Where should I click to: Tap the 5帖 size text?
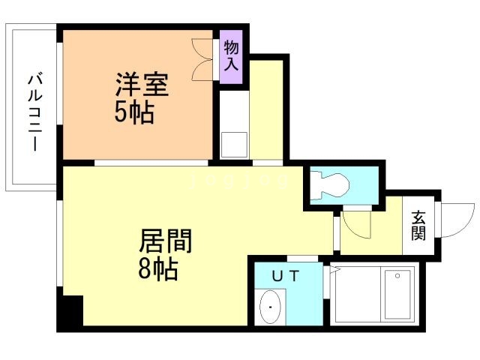(x=135, y=113)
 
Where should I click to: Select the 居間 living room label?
(x=166, y=241)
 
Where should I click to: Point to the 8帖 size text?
(x=158, y=269)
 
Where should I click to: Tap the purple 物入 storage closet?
(x=231, y=57)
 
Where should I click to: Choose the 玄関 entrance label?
(x=418, y=224)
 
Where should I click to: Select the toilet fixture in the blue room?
(x=331, y=183)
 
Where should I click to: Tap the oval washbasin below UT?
(x=269, y=307)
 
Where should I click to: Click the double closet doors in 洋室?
(x=205, y=58)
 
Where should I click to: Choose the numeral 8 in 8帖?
(x=145, y=269)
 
